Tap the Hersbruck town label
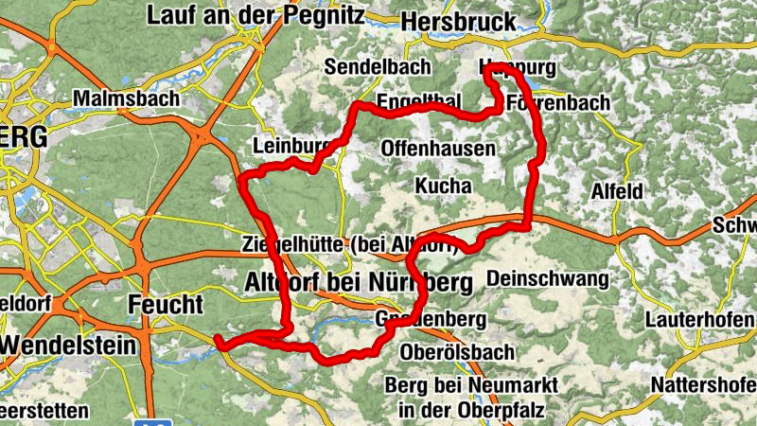(x=458, y=21)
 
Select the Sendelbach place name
(x=377, y=66)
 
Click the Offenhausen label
(x=438, y=149)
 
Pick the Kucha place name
(x=443, y=186)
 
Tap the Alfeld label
(x=616, y=191)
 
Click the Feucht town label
(x=165, y=305)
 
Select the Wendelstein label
(x=68, y=346)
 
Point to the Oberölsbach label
(x=457, y=352)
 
